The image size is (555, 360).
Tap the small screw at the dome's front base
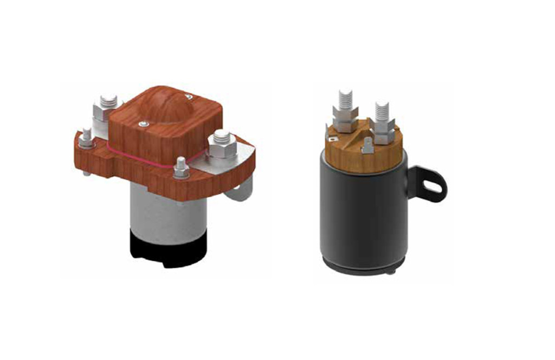(x=143, y=124)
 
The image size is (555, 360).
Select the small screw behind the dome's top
(x=189, y=97)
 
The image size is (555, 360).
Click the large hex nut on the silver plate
(x=221, y=143)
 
